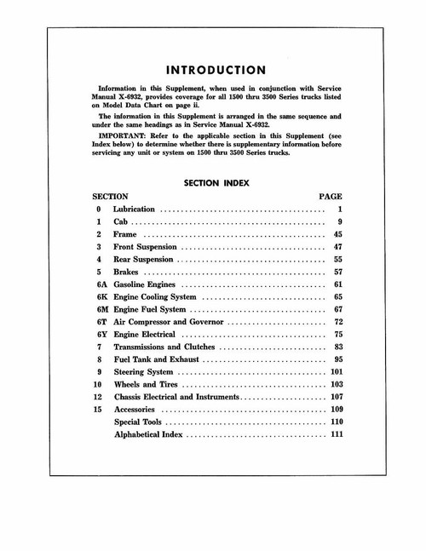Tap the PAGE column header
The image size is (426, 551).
tap(330, 196)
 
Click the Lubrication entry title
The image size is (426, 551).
tap(135, 209)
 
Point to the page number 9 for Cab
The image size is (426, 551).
tap(339, 221)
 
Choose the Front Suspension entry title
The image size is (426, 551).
tap(147, 246)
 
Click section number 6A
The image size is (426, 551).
tap(101, 284)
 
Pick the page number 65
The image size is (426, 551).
tap(337, 296)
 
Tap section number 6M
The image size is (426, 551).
tap(101, 309)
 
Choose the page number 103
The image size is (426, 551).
tap(335, 385)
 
